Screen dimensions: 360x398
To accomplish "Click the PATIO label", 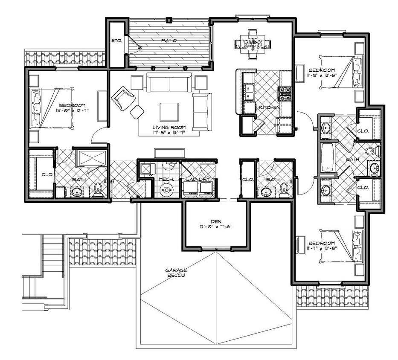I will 169,41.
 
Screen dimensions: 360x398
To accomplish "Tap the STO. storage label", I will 116,41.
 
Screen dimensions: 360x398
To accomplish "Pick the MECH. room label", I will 165,180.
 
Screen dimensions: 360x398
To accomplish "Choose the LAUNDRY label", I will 198,180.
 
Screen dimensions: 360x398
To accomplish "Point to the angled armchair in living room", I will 123,98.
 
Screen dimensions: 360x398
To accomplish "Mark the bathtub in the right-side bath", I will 327,158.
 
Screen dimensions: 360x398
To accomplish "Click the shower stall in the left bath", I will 91,158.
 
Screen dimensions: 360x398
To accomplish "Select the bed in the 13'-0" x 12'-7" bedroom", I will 51,108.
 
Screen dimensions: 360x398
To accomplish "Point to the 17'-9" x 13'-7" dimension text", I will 169,133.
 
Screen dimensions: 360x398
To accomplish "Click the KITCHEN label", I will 269,108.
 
